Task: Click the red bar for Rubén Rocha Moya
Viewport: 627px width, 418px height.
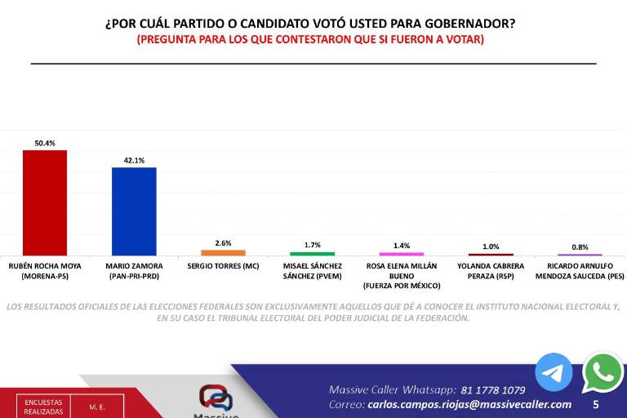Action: [x=45, y=202]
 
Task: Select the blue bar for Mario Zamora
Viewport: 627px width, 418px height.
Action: [x=134, y=211]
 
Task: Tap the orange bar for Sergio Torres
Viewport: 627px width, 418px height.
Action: [x=223, y=252]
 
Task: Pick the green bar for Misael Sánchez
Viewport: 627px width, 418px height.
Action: [x=312, y=253]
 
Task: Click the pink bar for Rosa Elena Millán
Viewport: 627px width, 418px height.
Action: [x=402, y=254]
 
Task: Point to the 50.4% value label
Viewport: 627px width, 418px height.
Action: [x=45, y=143]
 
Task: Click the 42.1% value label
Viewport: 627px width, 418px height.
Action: [x=134, y=161]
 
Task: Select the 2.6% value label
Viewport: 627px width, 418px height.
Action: [x=223, y=243]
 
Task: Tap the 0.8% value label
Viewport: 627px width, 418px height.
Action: [x=580, y=247]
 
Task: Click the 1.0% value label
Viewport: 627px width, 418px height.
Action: [x=491, y=247]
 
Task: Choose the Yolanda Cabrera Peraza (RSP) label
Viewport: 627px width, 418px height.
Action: [x=491, y=271]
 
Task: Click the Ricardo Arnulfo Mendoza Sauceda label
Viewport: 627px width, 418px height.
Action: [x=580, y=271]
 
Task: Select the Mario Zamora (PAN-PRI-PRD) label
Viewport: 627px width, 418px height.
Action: [x=134, y=271]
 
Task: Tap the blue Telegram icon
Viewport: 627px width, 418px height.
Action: [x=554, y=372]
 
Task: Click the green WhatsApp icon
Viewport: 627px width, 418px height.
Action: [x=603, y=372]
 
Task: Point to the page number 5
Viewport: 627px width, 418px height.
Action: [x=595, y=404]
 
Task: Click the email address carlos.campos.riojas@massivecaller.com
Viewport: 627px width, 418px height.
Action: [x=469, y=404]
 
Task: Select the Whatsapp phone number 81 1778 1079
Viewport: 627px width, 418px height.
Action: [x=493, y=390]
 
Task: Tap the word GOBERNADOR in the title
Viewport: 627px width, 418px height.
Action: [x=472, y=23]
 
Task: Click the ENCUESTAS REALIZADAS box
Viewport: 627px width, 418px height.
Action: [x=42, y=407]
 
